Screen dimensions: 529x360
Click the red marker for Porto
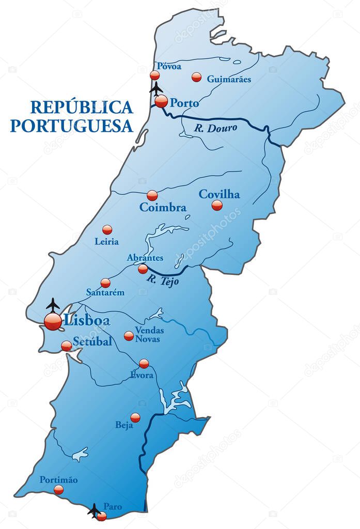click(161, 101)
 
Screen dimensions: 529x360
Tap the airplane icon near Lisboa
click(53, 305)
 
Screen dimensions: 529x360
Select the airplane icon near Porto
click(156, 89)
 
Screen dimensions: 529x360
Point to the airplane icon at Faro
click(94, 510)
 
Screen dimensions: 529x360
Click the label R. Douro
click(216, 128)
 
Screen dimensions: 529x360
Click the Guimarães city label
click(229, 79)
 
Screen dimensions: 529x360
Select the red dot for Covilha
click(217, 205)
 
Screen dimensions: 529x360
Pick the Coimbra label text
click(163, 208)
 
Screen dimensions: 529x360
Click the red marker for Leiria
click(107, 230)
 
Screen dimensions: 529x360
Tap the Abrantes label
click(145, 257)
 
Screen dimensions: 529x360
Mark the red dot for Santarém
click(105, 283)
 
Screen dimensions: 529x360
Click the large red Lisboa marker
click(53, 321)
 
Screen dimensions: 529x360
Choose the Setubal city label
click(92, 341)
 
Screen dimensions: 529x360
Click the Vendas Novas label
click(149, 334)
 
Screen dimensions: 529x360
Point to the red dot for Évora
click(144, 363)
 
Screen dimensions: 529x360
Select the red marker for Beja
click(135, 417)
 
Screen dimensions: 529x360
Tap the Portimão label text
click(58, 480)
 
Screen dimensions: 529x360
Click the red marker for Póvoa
click(154, 75)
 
